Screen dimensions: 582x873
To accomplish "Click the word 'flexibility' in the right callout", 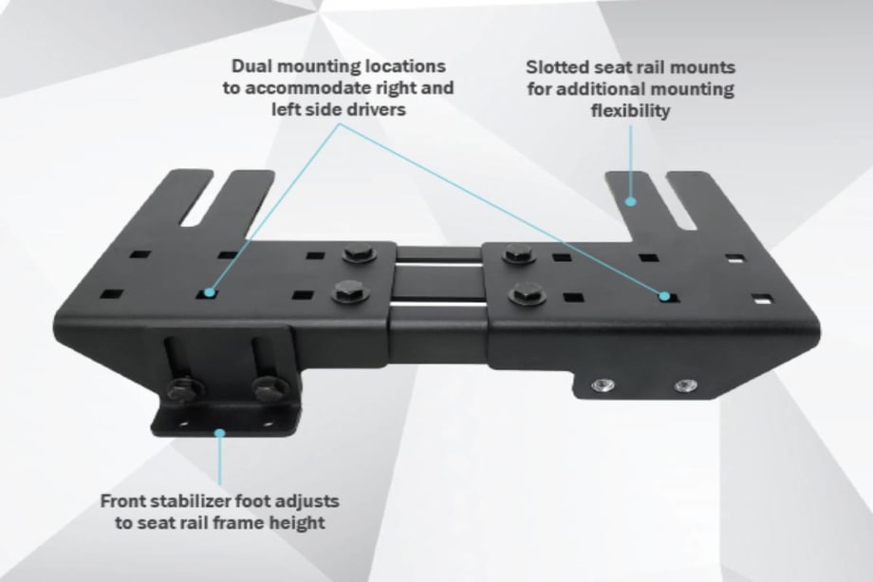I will pos(630,111).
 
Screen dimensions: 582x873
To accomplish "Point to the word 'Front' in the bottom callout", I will pos(126,500).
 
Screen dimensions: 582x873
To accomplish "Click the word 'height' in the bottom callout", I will pos(294,522).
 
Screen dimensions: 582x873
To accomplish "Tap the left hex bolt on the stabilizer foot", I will pos(183,390).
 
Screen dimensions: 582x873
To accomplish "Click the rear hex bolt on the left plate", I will pos(359,254).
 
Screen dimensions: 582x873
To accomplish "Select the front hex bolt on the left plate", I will pos(350,291).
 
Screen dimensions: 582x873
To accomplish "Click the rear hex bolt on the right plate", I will pos(519,254).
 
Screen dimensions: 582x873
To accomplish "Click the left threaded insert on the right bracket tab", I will pos(603,385).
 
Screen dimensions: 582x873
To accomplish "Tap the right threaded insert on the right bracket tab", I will pos(685,385).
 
